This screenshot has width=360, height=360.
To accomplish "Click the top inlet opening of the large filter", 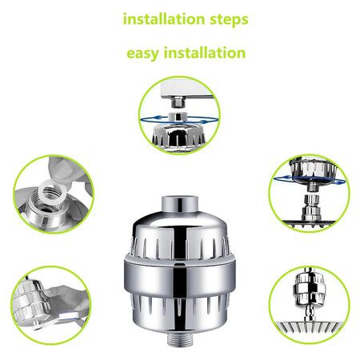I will [x=180, y=201].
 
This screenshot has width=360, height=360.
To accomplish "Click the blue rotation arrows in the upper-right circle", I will [x=307, y=182].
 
